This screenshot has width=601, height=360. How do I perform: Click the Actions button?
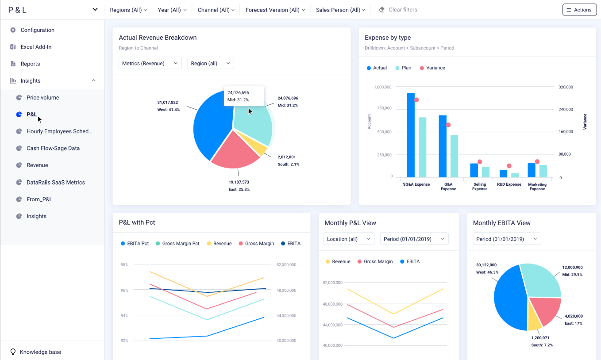click(579, 10)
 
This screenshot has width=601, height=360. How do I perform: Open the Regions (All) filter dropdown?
click(128, 10)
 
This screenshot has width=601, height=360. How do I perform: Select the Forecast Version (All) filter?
click(275, 10)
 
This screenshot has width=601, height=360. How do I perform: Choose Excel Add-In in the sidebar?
click(36, 47)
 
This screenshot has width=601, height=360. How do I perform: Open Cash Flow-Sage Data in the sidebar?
click(53, 148)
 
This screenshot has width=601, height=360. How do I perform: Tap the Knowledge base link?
click(40, 352)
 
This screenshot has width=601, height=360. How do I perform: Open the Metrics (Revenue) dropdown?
click(150, 63)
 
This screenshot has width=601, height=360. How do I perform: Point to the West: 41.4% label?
click(169, 109)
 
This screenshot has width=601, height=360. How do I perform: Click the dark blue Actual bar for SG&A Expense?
click(411, 134)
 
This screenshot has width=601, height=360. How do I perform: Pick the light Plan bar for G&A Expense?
click(454, 156)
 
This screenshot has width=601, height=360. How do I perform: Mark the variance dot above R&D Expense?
click(509, 166)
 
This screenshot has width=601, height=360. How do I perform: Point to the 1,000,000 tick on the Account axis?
click(383, 87)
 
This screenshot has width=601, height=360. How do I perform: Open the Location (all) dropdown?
click(349, 239)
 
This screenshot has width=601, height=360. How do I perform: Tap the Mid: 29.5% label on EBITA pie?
click(572, 275)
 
